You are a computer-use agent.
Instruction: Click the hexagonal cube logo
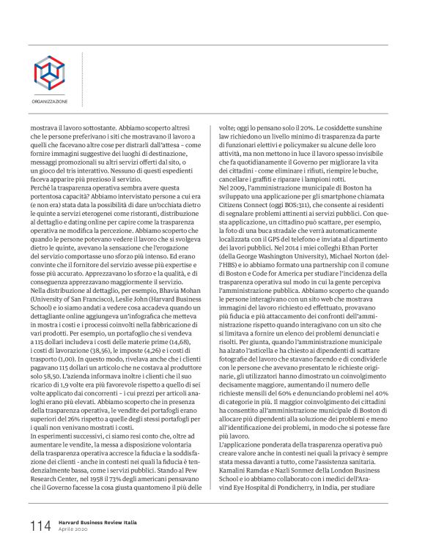point(49,71)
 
